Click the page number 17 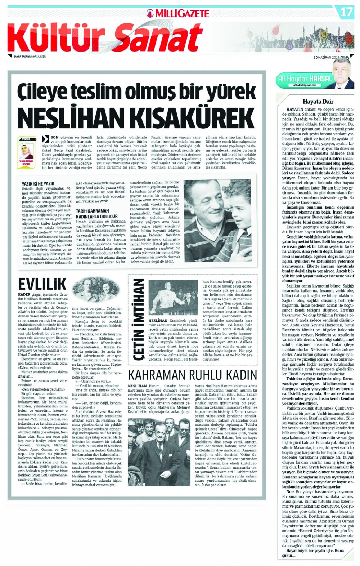tap(346, 12)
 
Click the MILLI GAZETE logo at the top tap(178, 13)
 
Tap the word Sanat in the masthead tap(159, 38)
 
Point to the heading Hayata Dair tap(318, 101)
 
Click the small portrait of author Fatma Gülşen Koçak tap(26, 151)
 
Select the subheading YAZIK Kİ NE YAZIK tap(38, 184)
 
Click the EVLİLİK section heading tap(42, 284)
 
